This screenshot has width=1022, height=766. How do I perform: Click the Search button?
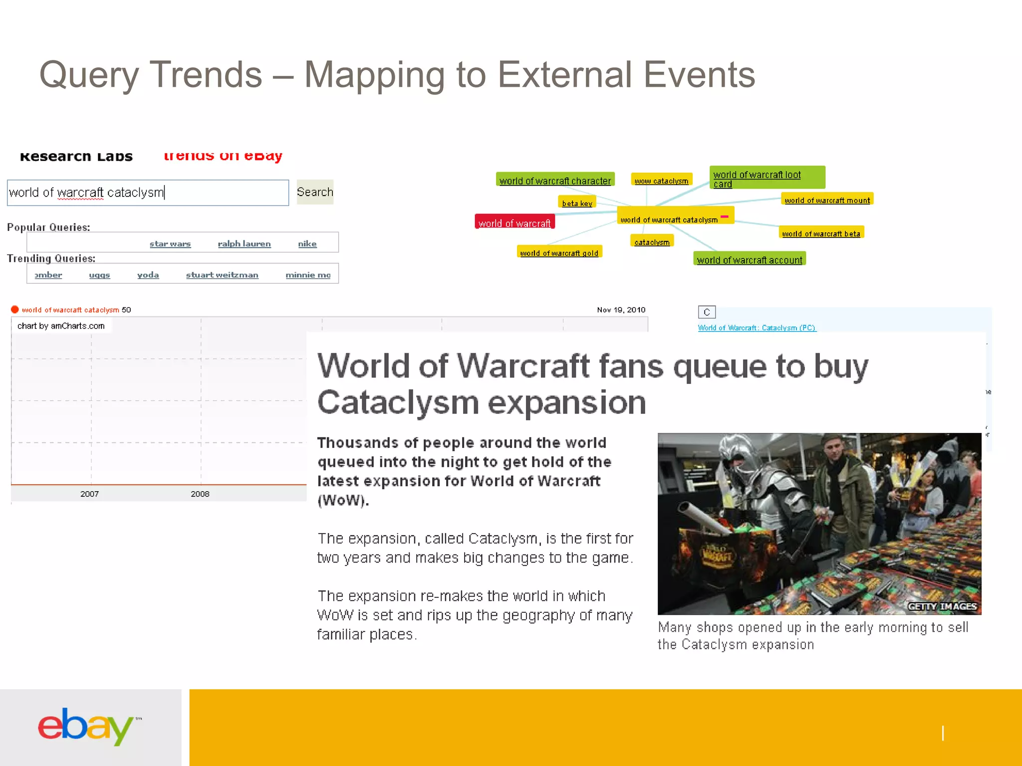pos(314,192)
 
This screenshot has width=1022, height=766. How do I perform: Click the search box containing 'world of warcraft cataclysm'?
pos(148,193)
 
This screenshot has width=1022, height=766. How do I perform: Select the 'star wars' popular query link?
pos(170,244)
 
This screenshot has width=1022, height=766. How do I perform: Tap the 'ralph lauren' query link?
pos(244,244)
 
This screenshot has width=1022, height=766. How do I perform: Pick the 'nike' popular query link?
pos(307,244)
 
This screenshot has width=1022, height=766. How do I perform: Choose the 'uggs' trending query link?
pos(99,275)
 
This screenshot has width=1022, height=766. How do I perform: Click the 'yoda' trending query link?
pos(148,275)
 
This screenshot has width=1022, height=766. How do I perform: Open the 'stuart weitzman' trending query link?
pos(222,275)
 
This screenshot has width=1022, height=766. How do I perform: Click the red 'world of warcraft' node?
pos(514,223)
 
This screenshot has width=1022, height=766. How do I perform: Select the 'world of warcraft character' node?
pos(555,181)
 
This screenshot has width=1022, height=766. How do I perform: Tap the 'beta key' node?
pos(577,203)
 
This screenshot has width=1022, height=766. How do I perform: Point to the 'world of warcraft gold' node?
pos(559,253)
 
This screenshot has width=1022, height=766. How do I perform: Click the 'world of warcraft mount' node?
pos(827,200)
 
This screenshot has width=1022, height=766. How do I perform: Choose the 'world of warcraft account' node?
pos(750,260)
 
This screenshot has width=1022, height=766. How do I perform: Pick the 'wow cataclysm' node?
pos(661,181)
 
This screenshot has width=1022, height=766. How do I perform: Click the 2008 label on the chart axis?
pos(200,494)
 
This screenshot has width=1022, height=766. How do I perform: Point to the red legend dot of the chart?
pos(15,310)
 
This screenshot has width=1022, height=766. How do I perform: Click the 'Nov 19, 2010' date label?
pos(621,310)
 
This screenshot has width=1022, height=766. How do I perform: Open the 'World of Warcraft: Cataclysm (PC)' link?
pos(757,328)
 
